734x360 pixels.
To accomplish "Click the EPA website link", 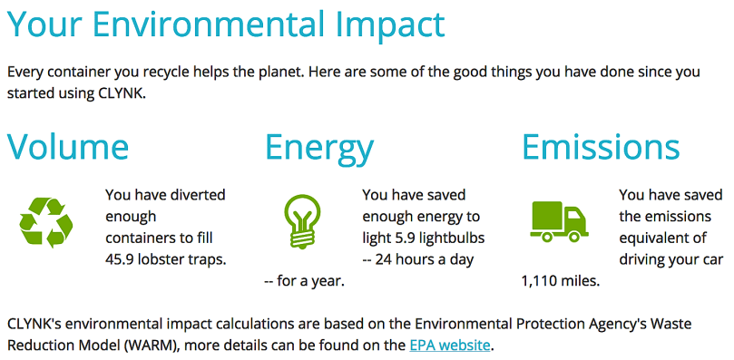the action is coord(449,346).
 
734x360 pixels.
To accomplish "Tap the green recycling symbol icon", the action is coord(46,222).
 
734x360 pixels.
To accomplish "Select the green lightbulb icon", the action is coord(303,221).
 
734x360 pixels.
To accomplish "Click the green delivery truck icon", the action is coord(559,222).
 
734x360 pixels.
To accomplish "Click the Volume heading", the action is coord(68,147).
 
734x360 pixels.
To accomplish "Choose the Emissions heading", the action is coord(601,147).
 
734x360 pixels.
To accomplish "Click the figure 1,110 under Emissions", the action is coord(539,282).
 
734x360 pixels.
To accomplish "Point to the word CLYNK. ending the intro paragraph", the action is coord(123,92).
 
